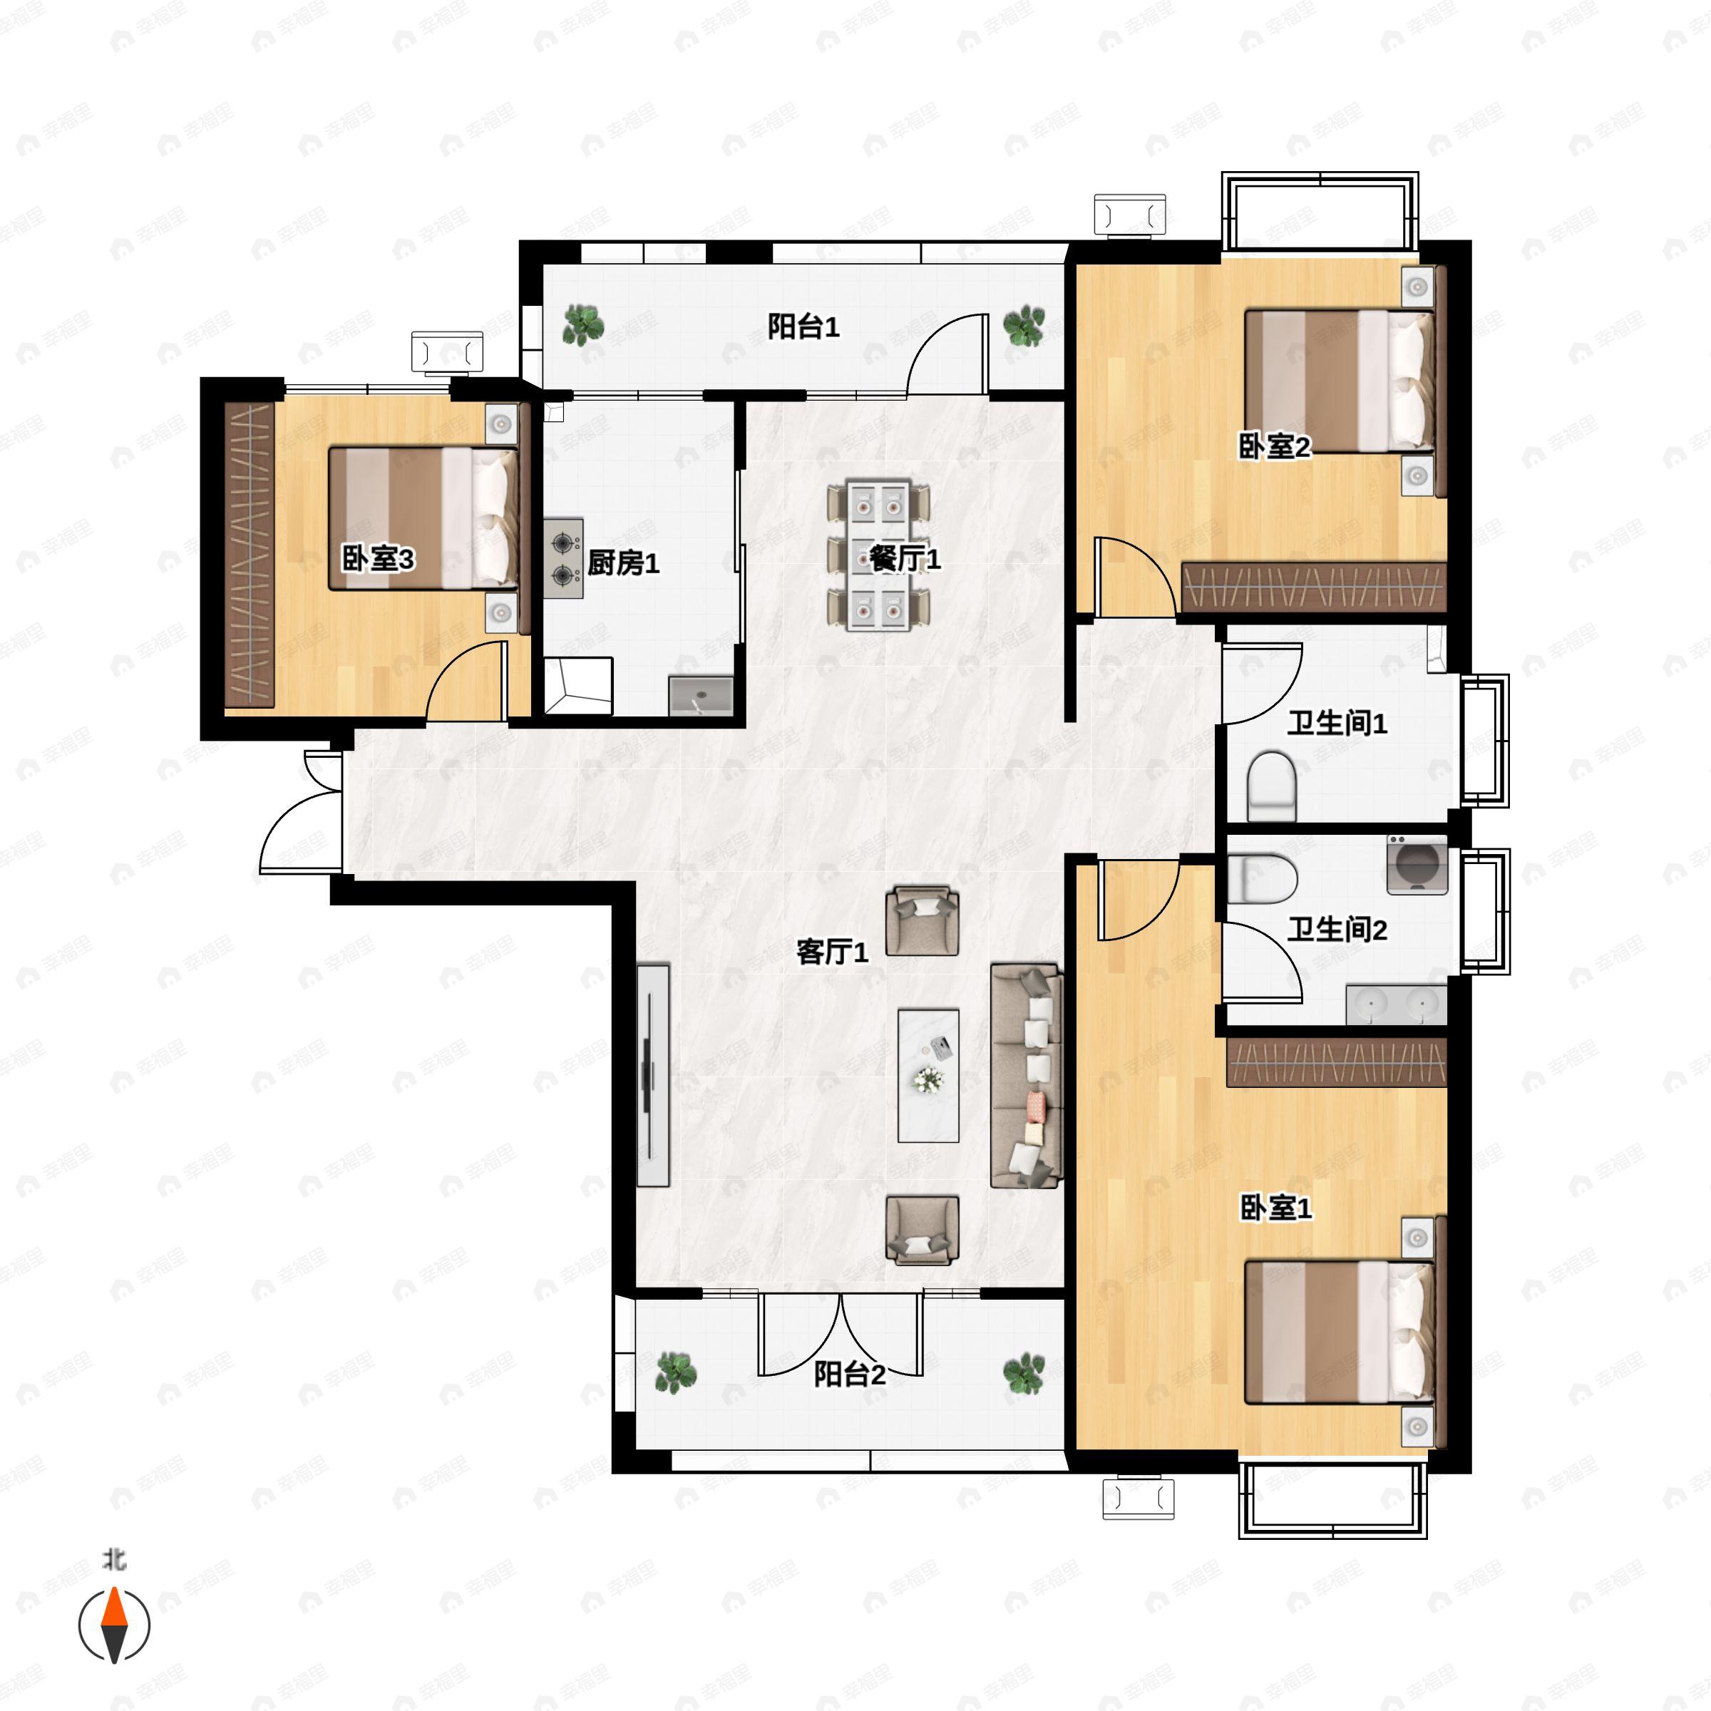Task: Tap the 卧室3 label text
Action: [378, 559]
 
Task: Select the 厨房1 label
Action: [624, 562]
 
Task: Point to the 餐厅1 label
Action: [904, 558]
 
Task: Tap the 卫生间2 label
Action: [1337, 929]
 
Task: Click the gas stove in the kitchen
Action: [563, 558]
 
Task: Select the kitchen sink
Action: [701, 695]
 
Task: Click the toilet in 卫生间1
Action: [1272, 786]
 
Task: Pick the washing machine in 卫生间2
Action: [1417, 864]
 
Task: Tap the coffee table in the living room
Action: [928, 1075]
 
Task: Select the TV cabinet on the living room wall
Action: [653, 1075]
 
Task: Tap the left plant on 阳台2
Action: [676, 1372]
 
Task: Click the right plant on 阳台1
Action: [1024, 325]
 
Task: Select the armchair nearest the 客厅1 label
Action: [922, 921]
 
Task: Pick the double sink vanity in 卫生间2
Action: [1397, 1004]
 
